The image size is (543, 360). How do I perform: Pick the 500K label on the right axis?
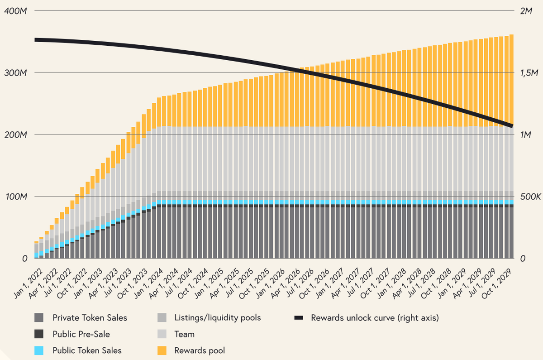point(530,197)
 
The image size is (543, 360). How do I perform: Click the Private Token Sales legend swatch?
point(39,318)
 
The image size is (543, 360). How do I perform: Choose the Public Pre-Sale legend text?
point(81,334)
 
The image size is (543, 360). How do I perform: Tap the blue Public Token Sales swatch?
point(39,350)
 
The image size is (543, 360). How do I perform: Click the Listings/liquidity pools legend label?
point(217,318)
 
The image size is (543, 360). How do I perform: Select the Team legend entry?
point(184,334)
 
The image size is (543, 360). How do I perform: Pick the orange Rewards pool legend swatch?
point(162,350)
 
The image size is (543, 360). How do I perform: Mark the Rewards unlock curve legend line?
point(298,318)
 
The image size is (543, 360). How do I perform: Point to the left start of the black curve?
point(36,40)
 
